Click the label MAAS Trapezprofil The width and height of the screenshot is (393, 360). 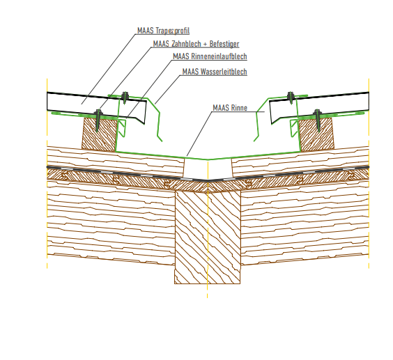coord(164,31)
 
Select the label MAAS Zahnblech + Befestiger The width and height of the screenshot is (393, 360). coord(196,44)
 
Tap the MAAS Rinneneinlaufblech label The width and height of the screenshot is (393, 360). coord(210,56)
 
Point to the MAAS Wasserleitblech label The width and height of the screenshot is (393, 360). coord(215,72)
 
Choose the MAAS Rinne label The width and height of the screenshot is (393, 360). coord(230,108)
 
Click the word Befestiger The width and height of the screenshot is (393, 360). coord(224,44)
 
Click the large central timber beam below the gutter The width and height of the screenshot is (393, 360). coord(208,237)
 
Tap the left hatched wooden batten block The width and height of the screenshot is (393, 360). coord(100,134)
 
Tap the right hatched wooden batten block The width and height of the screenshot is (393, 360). coord(317,134)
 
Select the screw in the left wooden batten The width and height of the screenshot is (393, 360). coord(98,120)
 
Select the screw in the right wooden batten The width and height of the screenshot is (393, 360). coord(318,120)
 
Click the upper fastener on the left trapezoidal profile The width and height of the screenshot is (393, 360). coord(125,97)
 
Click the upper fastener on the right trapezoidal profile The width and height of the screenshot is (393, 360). coord(291,97)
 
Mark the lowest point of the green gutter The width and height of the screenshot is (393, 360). coord(208,159)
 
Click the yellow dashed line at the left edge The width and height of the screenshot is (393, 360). coord(47,173)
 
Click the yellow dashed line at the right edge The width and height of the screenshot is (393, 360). coord(369,173)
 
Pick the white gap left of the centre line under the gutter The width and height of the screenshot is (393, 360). coord(196,169)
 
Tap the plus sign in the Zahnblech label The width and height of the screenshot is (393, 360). coord(206,44)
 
